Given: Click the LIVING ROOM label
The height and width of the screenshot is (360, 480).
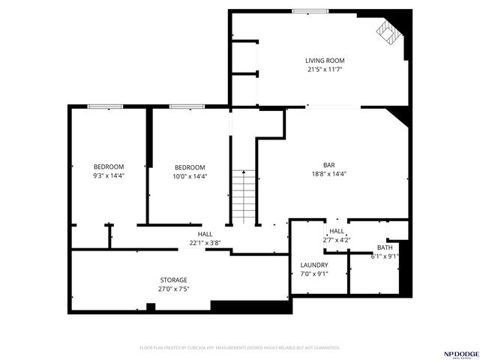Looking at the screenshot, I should [x=325, y=61].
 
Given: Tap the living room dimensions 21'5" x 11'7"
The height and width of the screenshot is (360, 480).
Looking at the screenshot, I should [x=325, y=70].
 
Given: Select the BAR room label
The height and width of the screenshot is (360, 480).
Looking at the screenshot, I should [x=328, y=165].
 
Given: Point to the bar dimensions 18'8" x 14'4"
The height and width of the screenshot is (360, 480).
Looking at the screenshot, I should [x=328, y=174].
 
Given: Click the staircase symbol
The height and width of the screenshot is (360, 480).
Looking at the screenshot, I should [x=243, y=196].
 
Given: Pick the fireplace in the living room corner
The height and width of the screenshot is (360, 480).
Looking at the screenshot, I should [x=388, y=31].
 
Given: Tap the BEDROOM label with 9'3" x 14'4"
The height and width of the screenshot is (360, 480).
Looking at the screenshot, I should [x=109, y=166].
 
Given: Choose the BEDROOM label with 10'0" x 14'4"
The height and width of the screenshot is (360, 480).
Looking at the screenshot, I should [x=190, y=167].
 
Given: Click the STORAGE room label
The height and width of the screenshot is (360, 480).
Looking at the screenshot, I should [x=173, y=280].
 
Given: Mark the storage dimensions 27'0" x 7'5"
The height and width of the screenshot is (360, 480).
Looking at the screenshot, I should [x=173, y=289].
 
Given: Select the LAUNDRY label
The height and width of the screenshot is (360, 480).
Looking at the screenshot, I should [x=314, y=265].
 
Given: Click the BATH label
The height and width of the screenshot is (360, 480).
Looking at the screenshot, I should [x=385, y=247].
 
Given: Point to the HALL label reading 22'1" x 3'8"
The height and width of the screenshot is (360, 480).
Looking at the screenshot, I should [x=195, y=234].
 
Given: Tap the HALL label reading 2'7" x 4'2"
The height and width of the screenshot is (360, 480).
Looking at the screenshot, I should [x=337, y=231].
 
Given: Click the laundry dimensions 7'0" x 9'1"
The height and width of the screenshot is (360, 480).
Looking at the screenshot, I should [x=314, y=274].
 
